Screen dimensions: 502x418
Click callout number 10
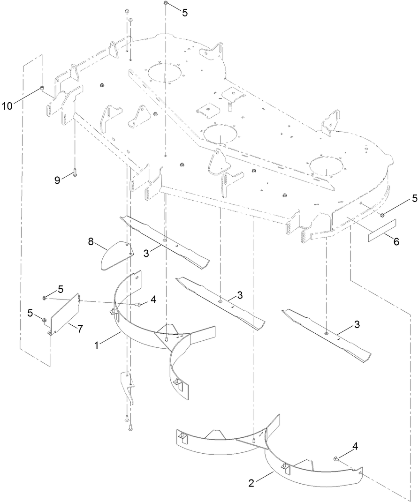pyautogui.click(x=7, y=105)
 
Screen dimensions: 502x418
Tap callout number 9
pyautogui.click(x=57, y=180)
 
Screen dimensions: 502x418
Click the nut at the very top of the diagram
pyautogui.click(x=166, y=4)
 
